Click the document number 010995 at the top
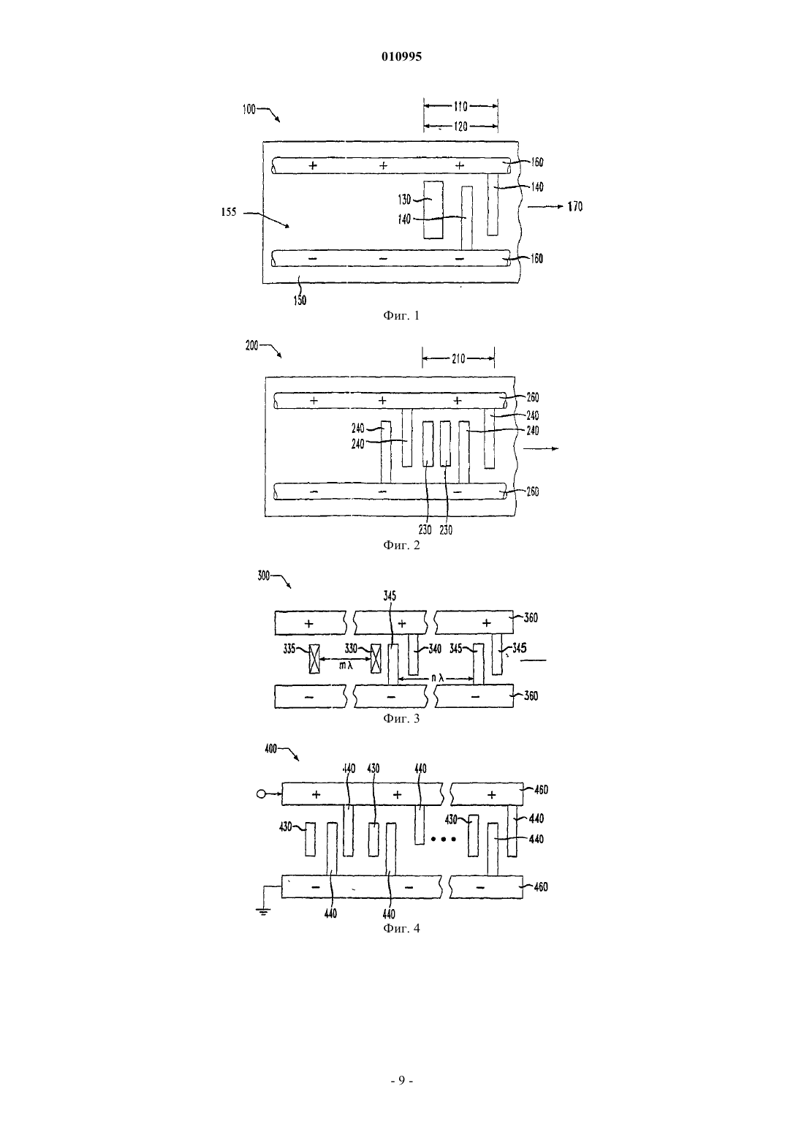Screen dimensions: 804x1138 coord(401,56)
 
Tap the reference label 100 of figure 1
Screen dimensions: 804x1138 coord(249,110)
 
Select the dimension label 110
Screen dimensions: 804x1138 coord(460,106)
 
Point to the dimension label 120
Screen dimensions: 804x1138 coord(460,126)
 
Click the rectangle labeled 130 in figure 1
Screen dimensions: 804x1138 coord(433,210)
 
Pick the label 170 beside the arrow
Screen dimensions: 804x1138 coord(575,207)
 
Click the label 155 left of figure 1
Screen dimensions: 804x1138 coord(228,212)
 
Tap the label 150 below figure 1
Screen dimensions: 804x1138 coord(300,301)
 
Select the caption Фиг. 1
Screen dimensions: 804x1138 coord(401,315)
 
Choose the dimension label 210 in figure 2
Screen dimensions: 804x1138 coord(458,359)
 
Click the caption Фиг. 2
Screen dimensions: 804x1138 coord(401,545)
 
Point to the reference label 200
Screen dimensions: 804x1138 coord(252,346)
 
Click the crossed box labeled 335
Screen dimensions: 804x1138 coord(315,659)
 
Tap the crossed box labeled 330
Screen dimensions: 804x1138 coord(376,658)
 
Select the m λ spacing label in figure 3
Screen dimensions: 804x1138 coord(346,666)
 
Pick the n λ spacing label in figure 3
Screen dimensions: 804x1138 coord(438,678)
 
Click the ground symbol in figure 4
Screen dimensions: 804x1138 coord(264,911)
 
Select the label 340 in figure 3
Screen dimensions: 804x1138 coord(435,649)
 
